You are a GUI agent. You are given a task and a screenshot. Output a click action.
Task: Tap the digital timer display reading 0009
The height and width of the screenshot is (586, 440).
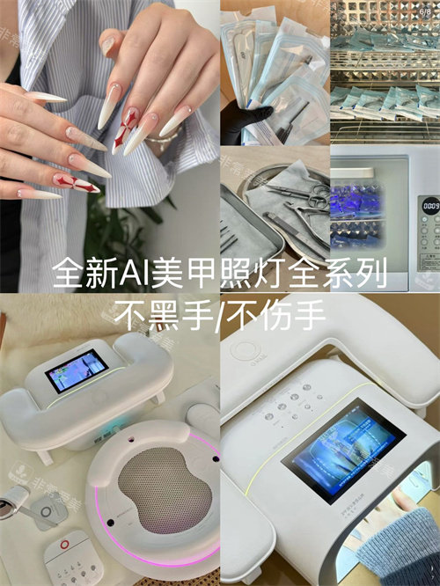pyautogui.click(x=430, y=205)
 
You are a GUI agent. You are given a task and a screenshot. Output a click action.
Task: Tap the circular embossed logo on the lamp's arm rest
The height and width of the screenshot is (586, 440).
pyautogui.click(x=246, y=348)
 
